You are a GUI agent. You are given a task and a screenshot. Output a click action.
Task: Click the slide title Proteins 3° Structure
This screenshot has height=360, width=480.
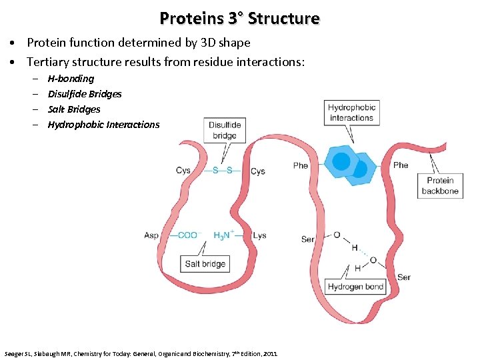(x=239, y=18)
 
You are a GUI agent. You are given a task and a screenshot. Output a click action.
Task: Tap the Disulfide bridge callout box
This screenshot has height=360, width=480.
(x=225, y=130)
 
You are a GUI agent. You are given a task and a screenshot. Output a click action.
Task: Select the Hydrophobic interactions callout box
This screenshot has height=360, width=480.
(x=351, y=112)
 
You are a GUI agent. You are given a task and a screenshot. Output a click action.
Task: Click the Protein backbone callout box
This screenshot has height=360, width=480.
(x=440, y=185)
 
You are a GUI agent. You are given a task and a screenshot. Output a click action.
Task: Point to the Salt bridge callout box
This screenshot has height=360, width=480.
(x=205, y=264)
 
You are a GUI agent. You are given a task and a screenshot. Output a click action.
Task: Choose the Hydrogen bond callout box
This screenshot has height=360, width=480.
(x=355, y=287)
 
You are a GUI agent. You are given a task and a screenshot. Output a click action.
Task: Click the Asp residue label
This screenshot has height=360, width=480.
(x=151, y=235)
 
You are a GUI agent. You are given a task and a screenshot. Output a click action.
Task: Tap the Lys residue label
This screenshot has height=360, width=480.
(x=260, y=235)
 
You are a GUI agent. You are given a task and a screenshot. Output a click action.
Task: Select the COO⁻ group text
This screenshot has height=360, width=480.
(x=187, y=235)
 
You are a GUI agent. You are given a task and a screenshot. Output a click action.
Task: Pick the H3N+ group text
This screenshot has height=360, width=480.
(x=223, y=235)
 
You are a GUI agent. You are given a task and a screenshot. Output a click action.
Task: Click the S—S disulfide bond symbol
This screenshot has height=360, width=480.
(x=223, y=170)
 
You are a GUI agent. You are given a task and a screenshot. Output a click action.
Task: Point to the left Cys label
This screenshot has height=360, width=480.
(x=183, y=170)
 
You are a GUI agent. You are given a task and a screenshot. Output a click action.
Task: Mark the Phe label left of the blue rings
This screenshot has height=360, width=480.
(x=301, y=165)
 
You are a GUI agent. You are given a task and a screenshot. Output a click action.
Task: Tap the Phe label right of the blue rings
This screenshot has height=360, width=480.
(x=401, y=165)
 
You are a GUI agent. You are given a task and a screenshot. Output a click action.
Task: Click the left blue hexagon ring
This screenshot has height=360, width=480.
(x=341, y=161)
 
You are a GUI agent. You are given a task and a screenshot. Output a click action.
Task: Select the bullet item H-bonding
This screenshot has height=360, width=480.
(x=71, y=79)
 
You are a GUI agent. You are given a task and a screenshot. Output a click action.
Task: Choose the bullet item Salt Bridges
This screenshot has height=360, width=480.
(x=74, y=109)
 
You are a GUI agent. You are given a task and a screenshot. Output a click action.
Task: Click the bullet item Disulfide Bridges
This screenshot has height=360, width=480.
(x=85, y=94)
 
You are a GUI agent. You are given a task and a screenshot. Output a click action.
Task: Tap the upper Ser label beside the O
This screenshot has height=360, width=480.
(x=307, y=239)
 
